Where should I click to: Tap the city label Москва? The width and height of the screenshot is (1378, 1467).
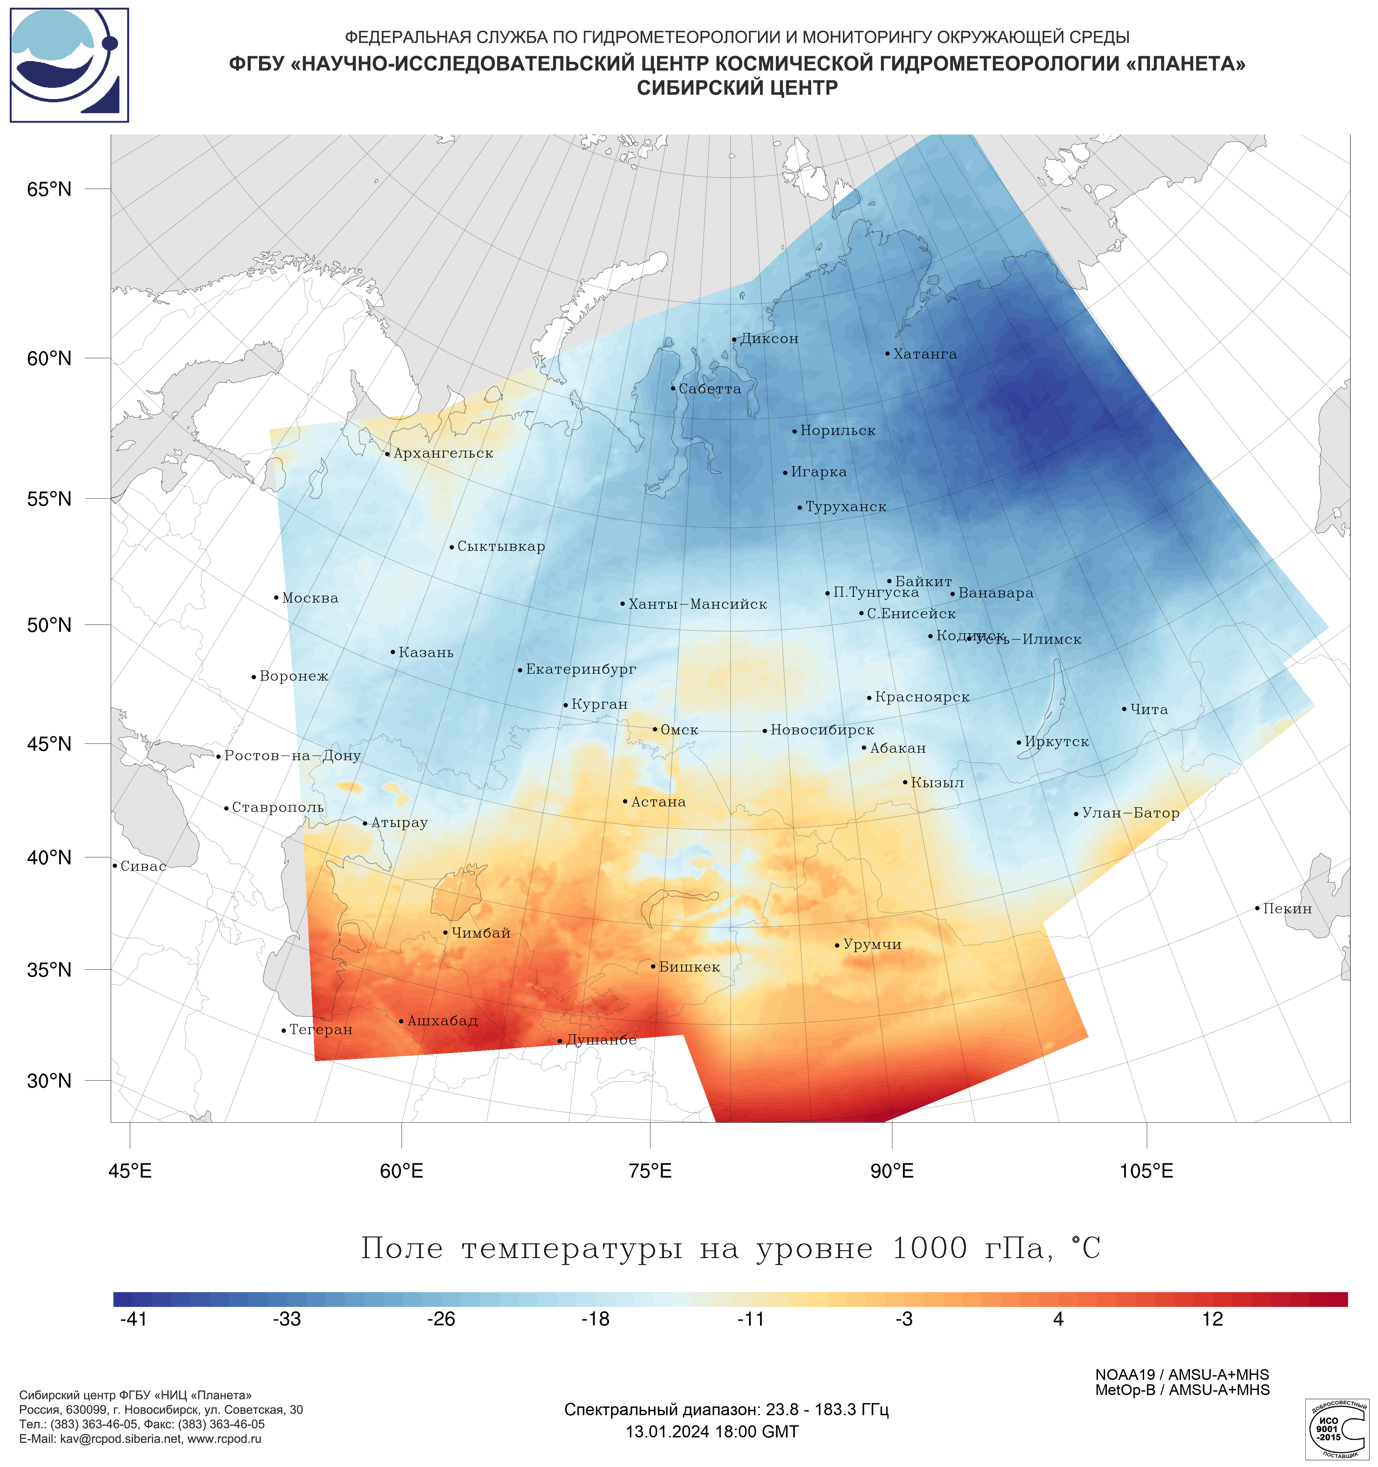310,598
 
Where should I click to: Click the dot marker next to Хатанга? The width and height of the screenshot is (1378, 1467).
887,353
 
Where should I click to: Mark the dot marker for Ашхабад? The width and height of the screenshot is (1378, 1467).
401,1021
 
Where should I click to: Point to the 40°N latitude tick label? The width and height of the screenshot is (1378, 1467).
49,858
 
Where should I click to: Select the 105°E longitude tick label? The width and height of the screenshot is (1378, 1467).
1146,1171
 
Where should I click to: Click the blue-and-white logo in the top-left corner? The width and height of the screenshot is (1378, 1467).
69,65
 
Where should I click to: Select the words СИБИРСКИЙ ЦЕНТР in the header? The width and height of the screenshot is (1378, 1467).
737,88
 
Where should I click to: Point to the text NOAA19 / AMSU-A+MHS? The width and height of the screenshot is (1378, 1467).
1182,1375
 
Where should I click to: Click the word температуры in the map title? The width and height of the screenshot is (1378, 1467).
572,1249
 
